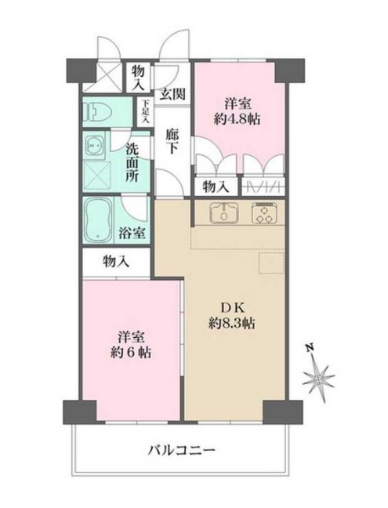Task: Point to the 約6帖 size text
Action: pos(130,353)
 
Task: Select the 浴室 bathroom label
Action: pos(132,232)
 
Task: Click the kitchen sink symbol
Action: pos(223,212)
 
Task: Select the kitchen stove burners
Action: pos(263,212)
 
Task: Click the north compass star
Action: pos(321,378)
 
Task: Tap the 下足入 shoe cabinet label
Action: pos(145,107)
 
